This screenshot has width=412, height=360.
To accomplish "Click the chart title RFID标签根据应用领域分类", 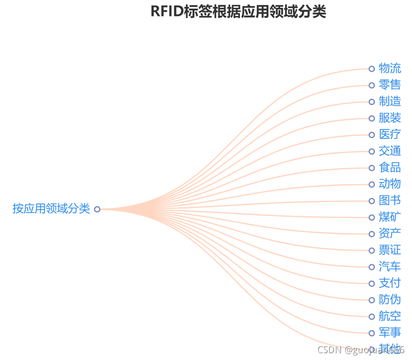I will pos(238,12).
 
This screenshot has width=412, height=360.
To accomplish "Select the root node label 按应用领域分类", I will pos(51,209).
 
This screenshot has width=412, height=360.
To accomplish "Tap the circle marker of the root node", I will pos(97,209).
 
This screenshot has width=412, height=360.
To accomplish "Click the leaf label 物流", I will pos(390,69).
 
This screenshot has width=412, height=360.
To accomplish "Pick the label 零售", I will pos(390,85).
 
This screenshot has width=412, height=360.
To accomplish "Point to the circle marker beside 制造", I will pos(372,102).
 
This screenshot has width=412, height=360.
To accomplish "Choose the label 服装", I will pos(390,118).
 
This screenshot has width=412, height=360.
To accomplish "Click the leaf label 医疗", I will pos(390,135).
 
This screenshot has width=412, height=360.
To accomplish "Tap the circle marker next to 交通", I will pos(372,151).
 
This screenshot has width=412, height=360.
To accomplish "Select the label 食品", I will pos(390,168).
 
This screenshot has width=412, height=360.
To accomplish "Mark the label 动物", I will pos(390,184).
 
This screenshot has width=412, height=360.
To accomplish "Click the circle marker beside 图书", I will pos(372,201).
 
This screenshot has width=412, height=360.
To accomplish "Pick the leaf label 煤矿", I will pos(390,217).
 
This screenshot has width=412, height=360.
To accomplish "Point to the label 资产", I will pos(390,234).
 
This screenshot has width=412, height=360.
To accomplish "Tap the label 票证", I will pos(390,250).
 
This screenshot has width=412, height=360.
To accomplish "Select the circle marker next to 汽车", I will pos(372,267).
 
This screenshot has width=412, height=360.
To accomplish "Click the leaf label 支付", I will pos(390,283).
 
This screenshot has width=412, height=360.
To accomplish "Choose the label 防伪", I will pos(390,300).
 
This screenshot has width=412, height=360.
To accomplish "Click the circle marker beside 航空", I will pos(372,316).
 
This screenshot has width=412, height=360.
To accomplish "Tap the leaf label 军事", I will pos(390,333).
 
